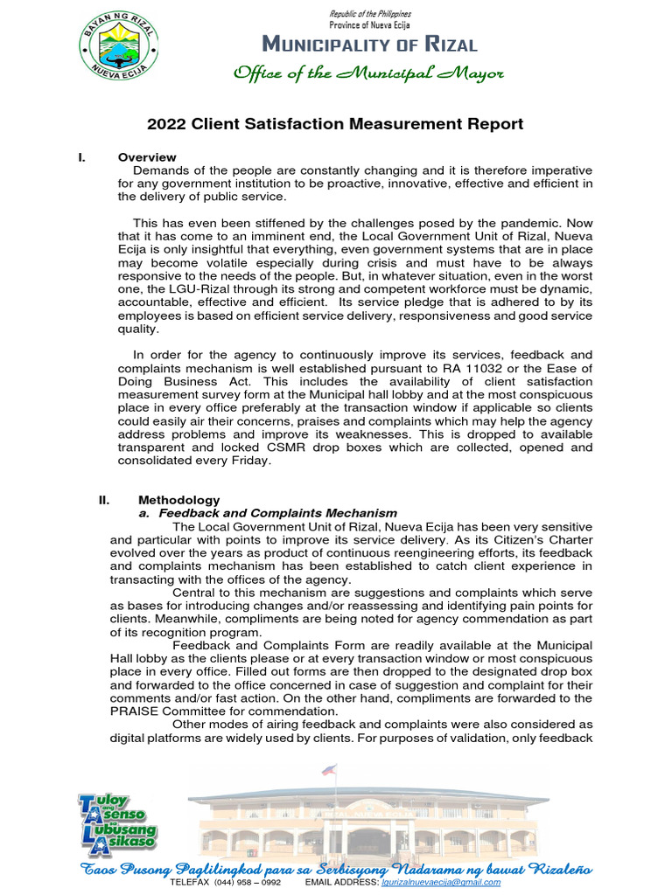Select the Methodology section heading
click(178, 499)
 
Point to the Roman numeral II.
click(104, 499)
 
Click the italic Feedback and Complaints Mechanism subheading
click(277, 513)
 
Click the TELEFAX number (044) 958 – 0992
click(247, 883)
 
